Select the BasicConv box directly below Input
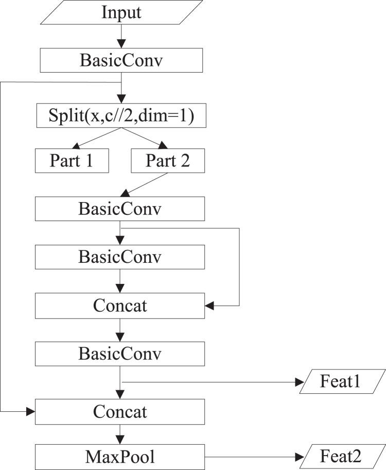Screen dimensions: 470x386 pos(120,60)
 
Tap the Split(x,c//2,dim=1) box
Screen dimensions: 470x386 pos(120,116)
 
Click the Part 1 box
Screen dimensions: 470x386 pos(72,161)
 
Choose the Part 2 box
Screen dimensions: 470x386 pos(168,161)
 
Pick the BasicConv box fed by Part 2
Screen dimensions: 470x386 pos(120,209)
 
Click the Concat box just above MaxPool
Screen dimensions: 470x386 pos(120,411)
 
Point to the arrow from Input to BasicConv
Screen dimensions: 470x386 pos(120,36)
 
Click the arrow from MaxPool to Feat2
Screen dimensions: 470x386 pos(255,456)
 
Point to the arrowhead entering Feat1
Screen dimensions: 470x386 pos(300,382)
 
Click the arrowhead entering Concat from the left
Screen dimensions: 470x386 pos(30,411)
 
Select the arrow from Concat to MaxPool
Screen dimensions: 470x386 pos(120,433)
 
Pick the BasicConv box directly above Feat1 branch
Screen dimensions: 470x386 pos(120,354)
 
